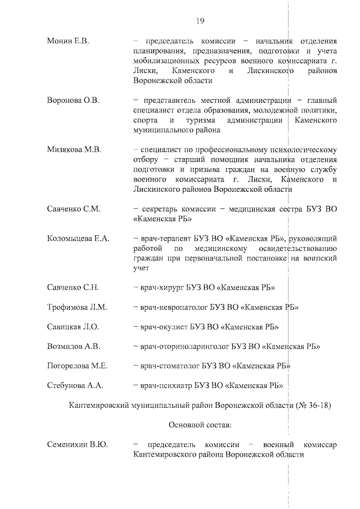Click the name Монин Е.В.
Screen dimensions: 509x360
tap(69, 42)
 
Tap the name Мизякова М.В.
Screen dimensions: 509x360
tap(74, 150)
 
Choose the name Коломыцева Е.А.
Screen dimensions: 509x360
tap(78, 238)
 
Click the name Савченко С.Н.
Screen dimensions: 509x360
tap(74, 288)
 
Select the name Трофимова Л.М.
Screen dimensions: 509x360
tap(77, 308)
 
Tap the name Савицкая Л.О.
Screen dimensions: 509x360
tap(73, 327)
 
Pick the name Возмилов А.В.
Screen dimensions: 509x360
tap(74, 346)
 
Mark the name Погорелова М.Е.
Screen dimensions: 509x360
tap(78, 366)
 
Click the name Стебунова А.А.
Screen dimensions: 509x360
tap(75, 386)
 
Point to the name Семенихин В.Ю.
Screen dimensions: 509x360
tap(78, 445)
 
